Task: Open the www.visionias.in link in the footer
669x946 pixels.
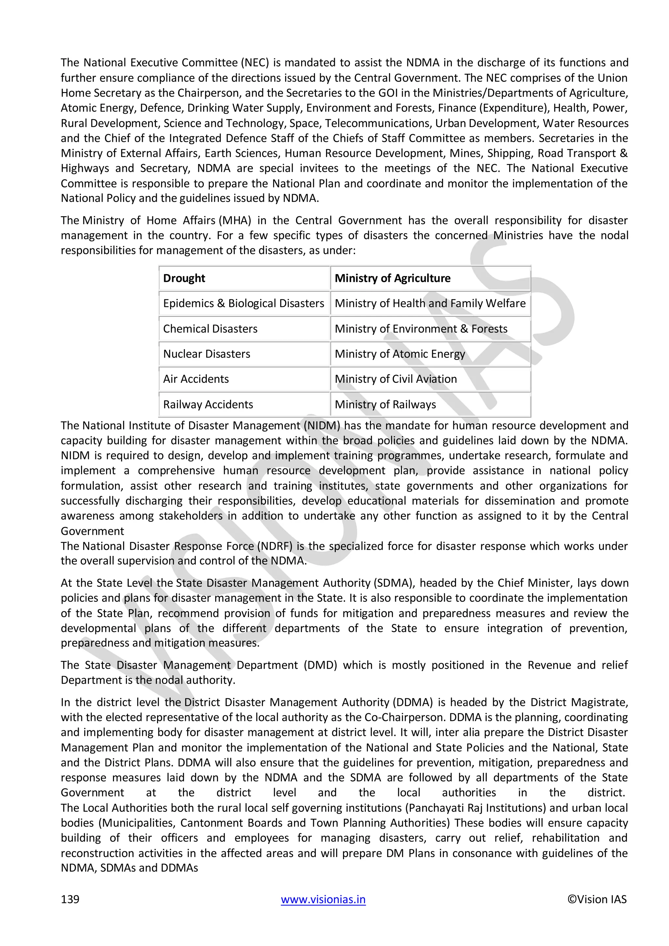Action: tap(323, 899)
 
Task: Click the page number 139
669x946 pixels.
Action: tap(70, 899)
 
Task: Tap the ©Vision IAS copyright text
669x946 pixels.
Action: tap(597, 899)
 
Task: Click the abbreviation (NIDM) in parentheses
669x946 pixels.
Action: tap(322, 426)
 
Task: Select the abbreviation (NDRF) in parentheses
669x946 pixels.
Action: tap(275, 546)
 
